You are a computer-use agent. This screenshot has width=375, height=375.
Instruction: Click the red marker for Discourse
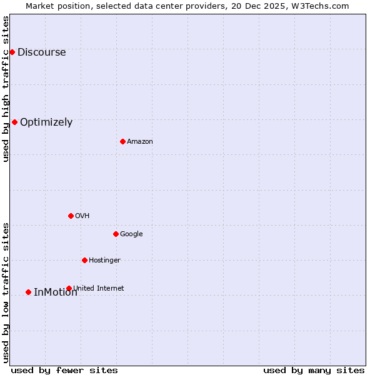click(12, 52)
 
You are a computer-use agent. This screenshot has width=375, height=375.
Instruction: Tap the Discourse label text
click(41, 52)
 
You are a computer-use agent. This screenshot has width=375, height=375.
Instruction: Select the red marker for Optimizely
click(14, 122)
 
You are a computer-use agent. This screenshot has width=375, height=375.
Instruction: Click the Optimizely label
click(46, 122)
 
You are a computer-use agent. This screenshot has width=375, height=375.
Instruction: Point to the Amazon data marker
click(122, 141)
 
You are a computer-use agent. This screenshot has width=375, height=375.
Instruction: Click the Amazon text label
click(140, 142)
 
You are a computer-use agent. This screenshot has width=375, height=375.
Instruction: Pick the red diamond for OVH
click(71, 216)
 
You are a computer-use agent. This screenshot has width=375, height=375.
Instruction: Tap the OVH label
click(82, 216)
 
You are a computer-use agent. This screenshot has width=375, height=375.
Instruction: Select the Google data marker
click(116, 234)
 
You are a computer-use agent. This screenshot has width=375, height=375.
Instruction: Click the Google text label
click(131, 234)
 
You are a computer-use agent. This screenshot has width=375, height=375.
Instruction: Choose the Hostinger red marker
click(84, 260)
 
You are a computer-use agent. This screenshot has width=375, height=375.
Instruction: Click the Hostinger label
click(104, 261)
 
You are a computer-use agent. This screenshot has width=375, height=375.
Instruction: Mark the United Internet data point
click(69, 288)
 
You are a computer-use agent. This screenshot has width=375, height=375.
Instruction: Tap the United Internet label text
click(98, 288)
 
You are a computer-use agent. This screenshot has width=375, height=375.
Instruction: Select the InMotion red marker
click(28, 292)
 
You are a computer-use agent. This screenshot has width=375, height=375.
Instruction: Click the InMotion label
click(55, 292)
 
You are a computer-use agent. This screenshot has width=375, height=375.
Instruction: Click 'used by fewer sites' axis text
click(64, 371)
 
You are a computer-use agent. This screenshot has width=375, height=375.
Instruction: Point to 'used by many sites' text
click(314, 371)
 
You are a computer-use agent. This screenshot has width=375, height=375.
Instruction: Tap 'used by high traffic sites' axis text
click(6, 89)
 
